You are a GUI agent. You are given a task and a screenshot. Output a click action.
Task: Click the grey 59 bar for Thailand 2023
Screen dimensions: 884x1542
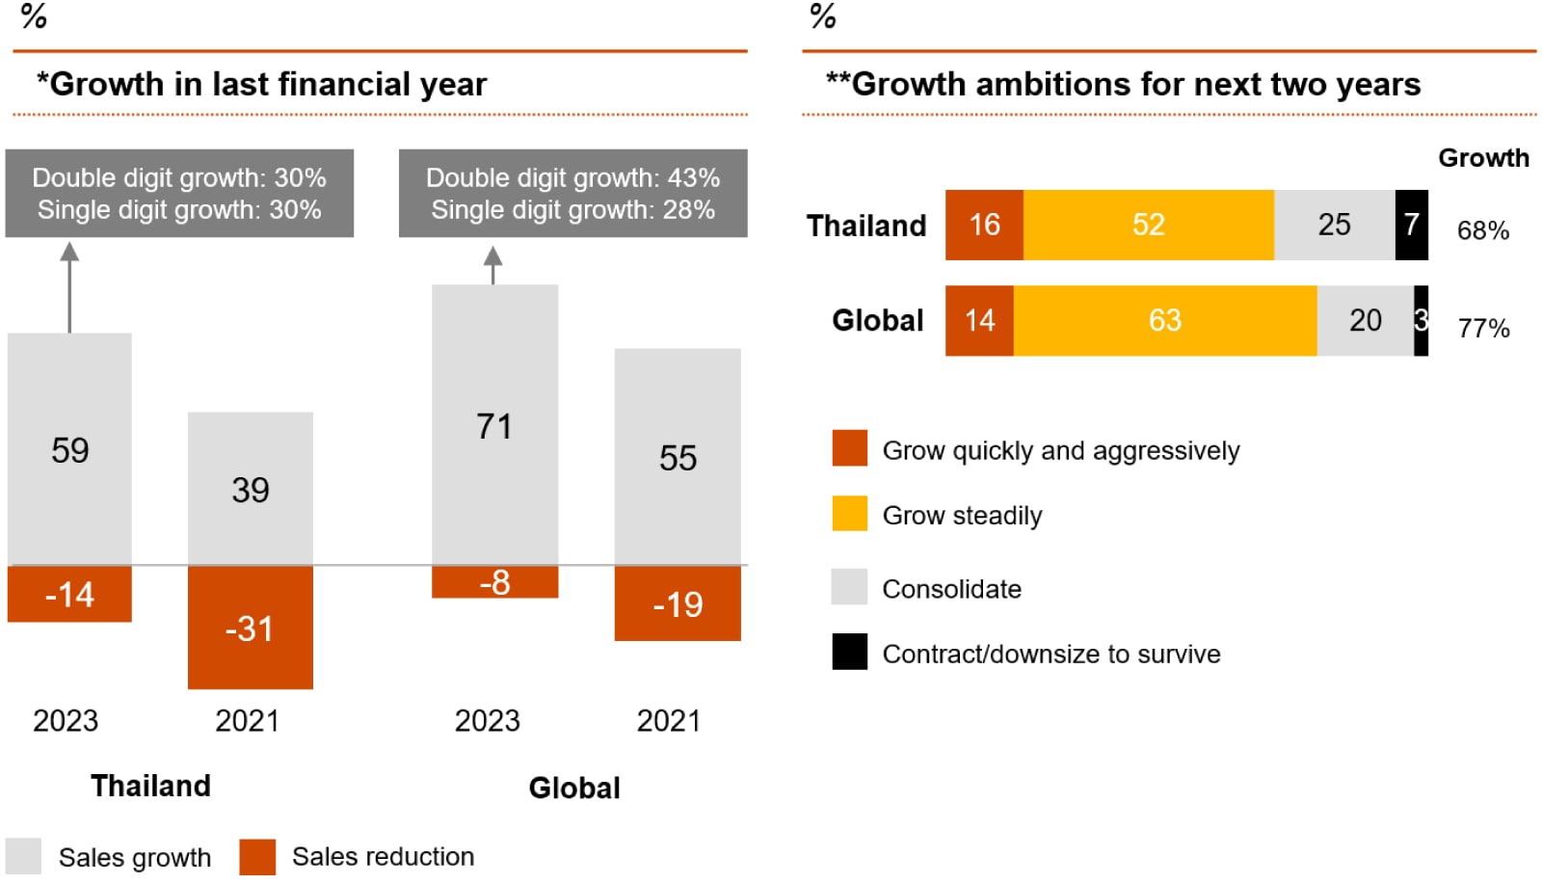click(x=69, y=449)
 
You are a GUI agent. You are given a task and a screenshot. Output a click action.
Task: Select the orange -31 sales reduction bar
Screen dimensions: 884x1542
click(x=250, y=628)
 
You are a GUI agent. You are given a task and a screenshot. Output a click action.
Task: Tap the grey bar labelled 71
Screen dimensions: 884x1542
click(x=494, y=425)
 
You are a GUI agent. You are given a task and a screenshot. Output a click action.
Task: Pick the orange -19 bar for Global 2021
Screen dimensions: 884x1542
click(x=678, y=603)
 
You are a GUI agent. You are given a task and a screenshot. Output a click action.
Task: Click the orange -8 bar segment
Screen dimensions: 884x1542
click(x=494, y=582)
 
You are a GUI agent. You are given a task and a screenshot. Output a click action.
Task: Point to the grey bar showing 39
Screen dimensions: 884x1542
click(x=250, y=489)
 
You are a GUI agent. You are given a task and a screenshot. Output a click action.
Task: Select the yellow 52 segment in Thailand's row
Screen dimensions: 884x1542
click(x=1148, y=225)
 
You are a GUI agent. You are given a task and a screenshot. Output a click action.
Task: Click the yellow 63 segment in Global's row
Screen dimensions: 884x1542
click(x=1164, y=320)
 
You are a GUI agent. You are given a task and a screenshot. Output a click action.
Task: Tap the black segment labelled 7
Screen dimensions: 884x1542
click(x=1411, y=225)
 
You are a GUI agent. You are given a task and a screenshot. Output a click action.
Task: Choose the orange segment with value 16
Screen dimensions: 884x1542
click(x=984, y=225)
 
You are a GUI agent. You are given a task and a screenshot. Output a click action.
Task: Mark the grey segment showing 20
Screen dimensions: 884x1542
click(x=1365, y=320)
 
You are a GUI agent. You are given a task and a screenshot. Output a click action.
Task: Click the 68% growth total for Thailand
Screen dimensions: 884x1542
click(x=1482, y=230)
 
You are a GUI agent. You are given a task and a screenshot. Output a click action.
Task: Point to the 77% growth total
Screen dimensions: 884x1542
click(x=1483, y=329)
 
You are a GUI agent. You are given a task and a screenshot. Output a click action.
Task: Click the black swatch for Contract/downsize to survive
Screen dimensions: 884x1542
click(x=849, y=652)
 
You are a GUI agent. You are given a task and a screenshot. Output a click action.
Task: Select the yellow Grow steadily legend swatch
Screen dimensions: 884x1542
click(x=849, y=514)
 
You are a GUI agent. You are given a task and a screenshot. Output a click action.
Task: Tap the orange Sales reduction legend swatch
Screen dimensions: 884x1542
click(x=257, y=856)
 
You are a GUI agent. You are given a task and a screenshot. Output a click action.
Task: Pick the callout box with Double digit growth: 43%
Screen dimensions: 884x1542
click(x=572, y=193)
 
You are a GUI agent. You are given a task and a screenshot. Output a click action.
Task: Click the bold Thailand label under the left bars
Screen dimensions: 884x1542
click(x=150, y=786)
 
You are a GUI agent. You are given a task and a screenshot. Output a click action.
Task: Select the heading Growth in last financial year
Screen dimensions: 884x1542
click(x=262, y=84)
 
